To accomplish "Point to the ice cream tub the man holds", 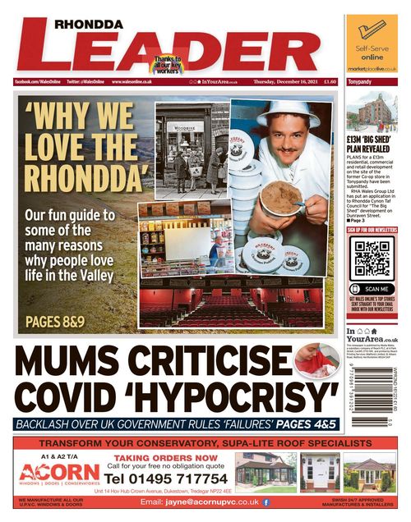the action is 282,198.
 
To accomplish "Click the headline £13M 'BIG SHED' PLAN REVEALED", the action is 372,146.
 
